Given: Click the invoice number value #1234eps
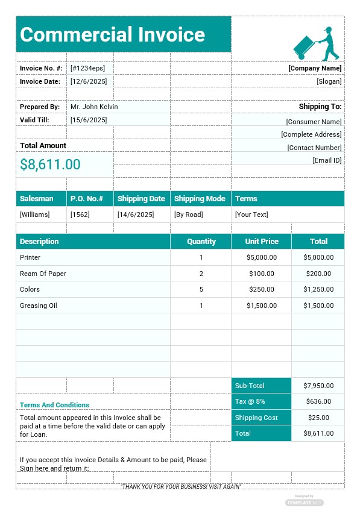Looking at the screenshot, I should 87,68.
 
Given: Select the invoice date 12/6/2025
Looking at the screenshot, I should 89,81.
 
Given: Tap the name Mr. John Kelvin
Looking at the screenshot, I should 94,107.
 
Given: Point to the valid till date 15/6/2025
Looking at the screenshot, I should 89,120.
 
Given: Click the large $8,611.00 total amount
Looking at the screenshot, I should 50,165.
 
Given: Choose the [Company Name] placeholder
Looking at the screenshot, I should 315,68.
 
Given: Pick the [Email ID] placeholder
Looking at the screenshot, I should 327,160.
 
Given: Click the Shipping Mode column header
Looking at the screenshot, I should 200,198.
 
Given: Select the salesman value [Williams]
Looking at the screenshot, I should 35,215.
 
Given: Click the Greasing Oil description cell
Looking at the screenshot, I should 39,306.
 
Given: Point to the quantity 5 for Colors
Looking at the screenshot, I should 201,289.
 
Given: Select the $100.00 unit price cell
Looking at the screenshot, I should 262,274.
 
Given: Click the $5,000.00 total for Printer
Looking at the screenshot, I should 318,257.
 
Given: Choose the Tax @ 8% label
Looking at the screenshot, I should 250,401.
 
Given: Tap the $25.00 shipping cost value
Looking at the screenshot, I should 318,418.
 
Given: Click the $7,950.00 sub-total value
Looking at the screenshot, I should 318,386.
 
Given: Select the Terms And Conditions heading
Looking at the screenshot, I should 54,405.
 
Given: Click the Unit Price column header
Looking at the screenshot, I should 262,241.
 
